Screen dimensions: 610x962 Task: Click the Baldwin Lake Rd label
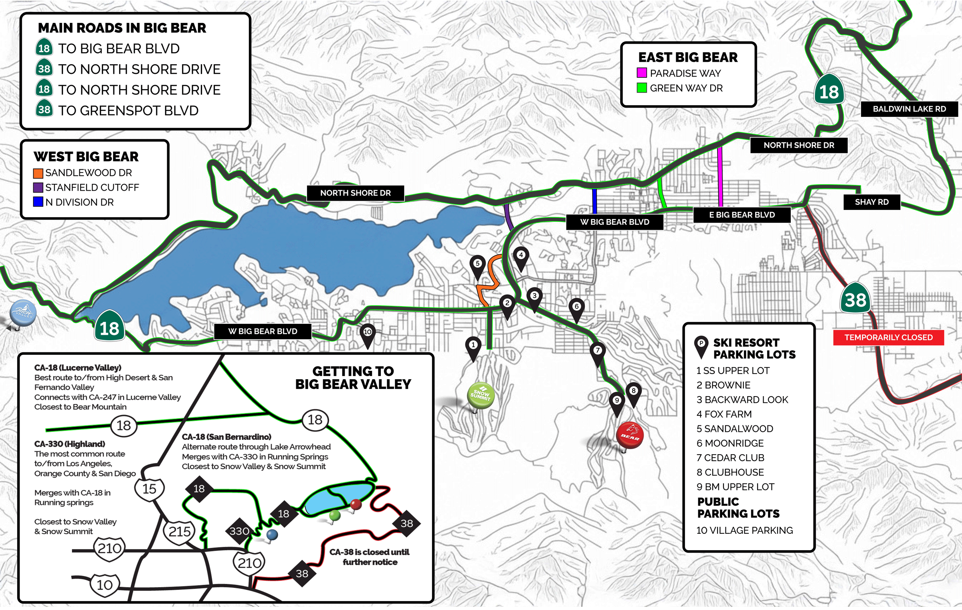[909, 109]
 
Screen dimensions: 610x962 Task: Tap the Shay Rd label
[871, 202]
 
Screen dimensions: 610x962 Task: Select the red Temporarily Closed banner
[888, 338]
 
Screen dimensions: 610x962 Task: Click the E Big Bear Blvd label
[742, 215]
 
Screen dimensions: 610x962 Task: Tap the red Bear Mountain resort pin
[630, 435]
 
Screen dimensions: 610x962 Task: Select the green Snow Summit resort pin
[481, 395]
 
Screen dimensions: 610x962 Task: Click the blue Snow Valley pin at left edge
[23, 313]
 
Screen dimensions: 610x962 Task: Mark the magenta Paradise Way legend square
[642, 73]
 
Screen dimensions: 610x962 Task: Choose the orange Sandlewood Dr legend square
[38, 173]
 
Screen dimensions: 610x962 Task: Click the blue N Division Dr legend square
[38, 202]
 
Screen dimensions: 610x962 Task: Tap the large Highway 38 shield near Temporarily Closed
[855, 299]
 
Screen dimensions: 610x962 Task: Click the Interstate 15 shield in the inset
[149, 489]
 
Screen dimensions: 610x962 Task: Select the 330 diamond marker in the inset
[239, 531]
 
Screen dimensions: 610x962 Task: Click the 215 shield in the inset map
[179, 531]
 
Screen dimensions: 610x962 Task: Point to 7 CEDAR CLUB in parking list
[730, 458]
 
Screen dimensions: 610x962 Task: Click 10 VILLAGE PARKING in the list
[744, 531]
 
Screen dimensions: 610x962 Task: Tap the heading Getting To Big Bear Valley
[353, 377]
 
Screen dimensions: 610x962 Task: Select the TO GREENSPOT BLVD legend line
[128, 111]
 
